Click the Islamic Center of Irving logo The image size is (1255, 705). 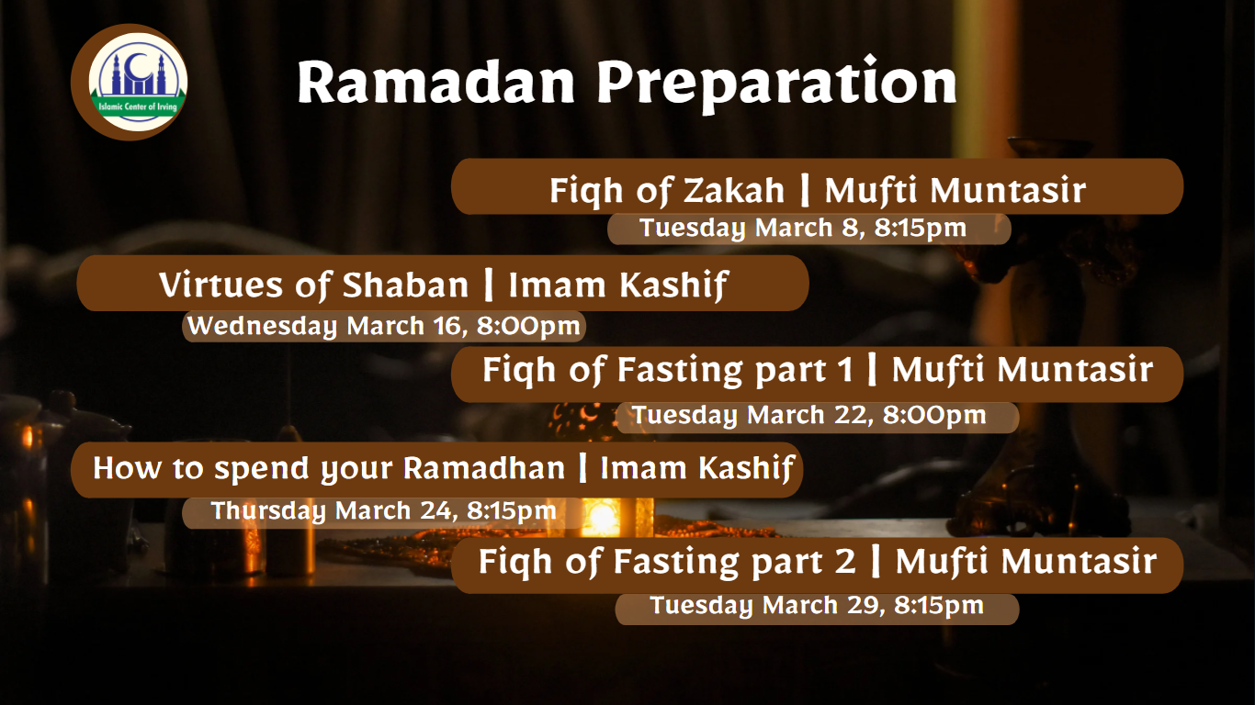point(130,83)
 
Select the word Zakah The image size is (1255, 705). point(734,191)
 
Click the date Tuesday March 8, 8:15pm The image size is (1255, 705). point(803,228)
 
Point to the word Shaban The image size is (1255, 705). point(405,285)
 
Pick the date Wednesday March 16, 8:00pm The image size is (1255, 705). point(384,326)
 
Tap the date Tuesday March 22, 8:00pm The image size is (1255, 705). point(808,416)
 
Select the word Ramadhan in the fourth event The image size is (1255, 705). point(484,468)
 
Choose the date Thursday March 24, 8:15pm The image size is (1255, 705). point(384,510)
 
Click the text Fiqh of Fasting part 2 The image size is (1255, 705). point(667,562)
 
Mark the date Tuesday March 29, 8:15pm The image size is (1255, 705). point(817,606)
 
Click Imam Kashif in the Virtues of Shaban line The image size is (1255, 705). point(617,285)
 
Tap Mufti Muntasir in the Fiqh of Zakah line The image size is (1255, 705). point(955,191)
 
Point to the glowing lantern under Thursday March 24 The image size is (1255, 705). point(604,520)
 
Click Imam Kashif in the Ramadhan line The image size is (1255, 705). point(696,468)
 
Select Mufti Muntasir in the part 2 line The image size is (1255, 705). point(1026,562)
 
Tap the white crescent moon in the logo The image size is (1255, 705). point(135,66)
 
